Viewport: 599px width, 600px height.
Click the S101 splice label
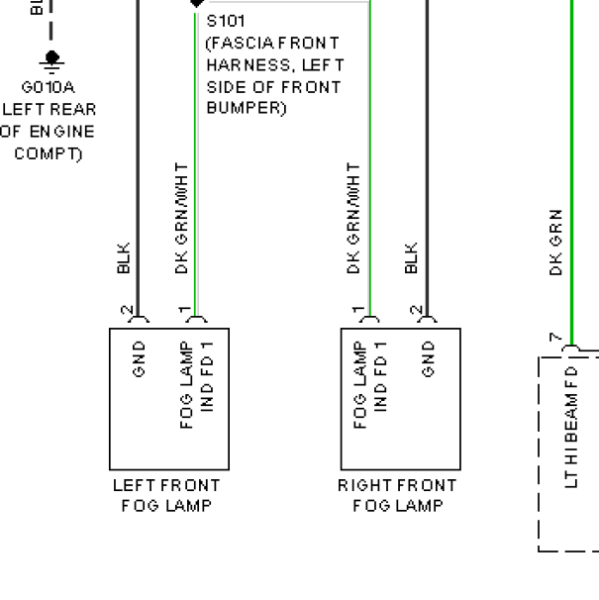226,20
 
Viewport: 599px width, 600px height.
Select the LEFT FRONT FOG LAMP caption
167,496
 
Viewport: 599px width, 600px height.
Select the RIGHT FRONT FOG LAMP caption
397,496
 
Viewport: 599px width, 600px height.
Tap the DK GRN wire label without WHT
556,242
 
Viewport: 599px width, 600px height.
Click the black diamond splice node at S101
195,4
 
